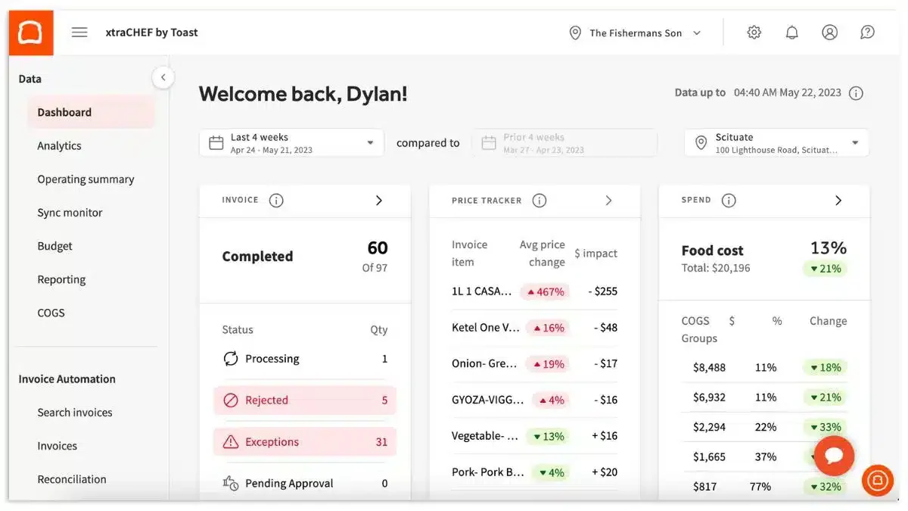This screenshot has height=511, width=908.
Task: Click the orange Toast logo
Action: [31, 33]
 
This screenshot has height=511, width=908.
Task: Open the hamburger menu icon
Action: [79, 32]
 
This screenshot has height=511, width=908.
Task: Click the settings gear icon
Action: [754, 32]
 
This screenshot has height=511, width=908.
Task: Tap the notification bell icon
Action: [791, 32]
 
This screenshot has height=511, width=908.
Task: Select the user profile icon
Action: [830, 32]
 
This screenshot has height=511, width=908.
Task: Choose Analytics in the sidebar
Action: [59, 145]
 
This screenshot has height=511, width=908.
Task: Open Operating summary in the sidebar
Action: [86, 179]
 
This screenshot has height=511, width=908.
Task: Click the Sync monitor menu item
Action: [70, 213]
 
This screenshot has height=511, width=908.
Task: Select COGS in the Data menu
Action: [51, 313]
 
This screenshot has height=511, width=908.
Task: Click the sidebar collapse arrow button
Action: [163, 77]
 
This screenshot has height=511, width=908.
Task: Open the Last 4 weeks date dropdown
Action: [292, 143]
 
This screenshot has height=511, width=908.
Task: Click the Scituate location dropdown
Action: [776, 143]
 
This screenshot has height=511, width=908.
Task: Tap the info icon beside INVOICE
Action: [276, 201]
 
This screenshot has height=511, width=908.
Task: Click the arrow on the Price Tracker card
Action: [608, 201]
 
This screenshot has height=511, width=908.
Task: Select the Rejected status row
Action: [305, 400]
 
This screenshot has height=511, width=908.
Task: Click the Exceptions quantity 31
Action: [381, 441]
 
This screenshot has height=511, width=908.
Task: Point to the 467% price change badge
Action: [546, 291]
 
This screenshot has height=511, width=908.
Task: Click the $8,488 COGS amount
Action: [709, 367]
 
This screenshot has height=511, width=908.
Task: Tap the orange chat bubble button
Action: [834, 456]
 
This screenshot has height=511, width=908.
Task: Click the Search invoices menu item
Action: [75, 413]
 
